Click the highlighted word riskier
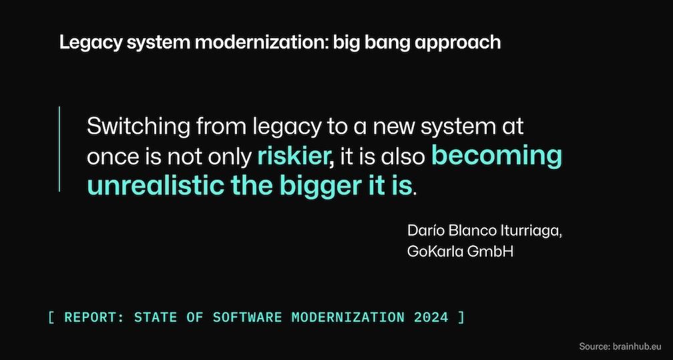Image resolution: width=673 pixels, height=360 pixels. pos(294,157)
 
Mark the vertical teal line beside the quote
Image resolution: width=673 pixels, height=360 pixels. pos(59,149)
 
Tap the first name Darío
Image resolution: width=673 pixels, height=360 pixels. pos(425,231)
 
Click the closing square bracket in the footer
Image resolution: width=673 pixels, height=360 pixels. pos(461,317)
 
